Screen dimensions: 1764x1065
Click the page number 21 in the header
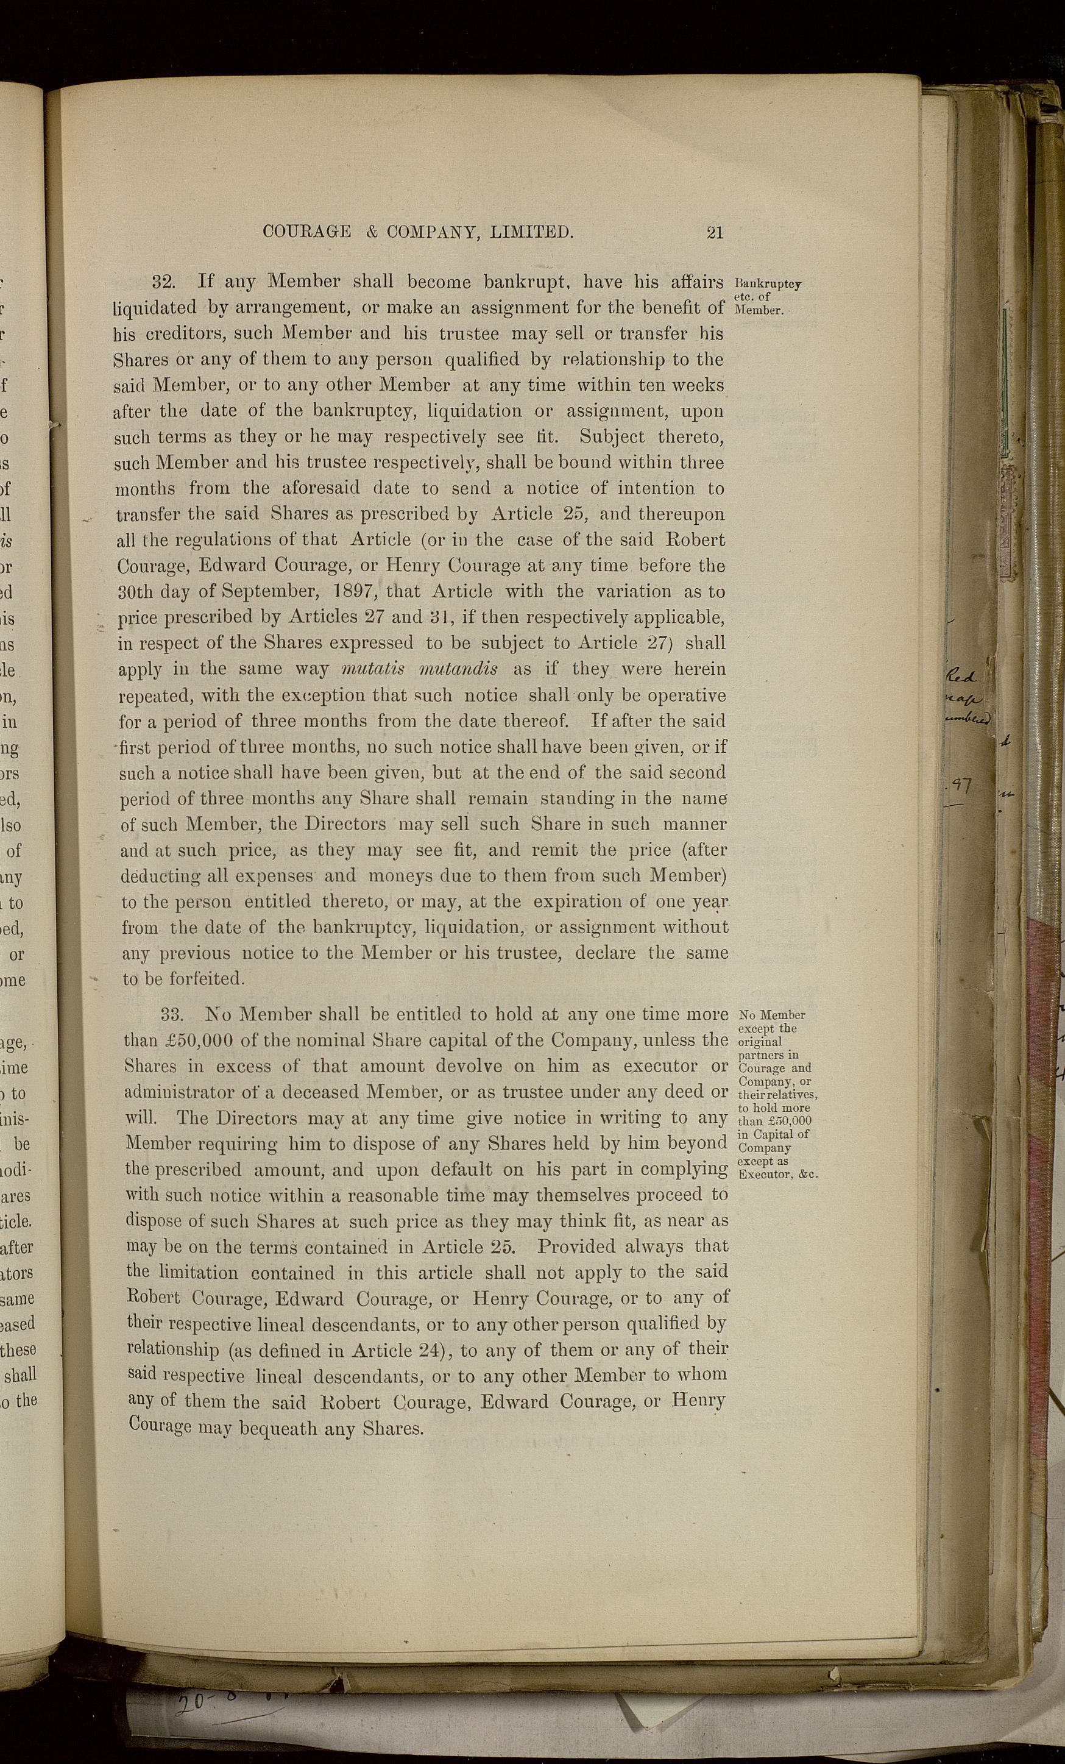pyautogui.click(x=714, y=232)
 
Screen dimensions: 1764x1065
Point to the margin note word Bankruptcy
pyautogui.click(x=767, y=283)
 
